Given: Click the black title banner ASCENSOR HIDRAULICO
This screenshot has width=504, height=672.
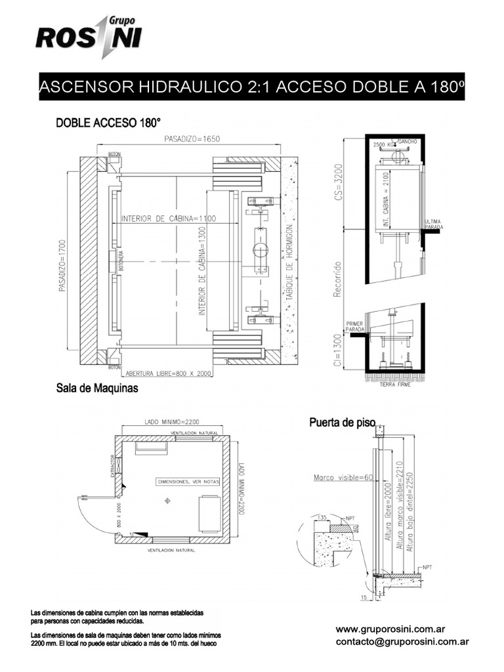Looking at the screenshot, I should [252, 87].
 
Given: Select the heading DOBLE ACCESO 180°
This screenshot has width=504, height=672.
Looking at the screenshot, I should [108, 123].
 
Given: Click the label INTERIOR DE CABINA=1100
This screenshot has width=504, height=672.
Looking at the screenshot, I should [169, 219].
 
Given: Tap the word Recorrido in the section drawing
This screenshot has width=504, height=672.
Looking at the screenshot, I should [338, 280].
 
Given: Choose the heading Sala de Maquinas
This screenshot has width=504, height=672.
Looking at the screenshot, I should [96, 389].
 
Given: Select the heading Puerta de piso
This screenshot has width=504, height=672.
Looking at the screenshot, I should [341, 423].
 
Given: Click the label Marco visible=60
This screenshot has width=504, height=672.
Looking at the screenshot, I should [343, 477].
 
